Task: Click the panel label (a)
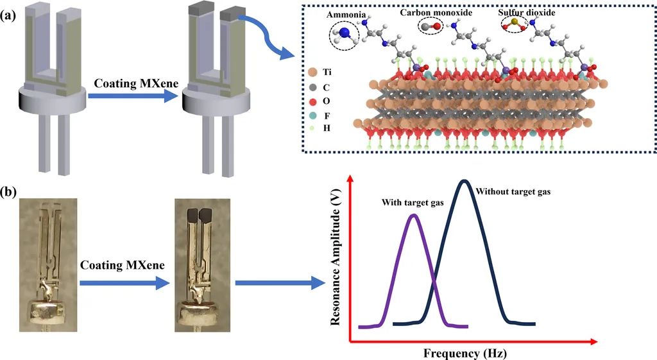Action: [x=8, y=16]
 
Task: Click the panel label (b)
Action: [x=8, y=193]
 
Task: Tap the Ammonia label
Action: [x=346, y=15]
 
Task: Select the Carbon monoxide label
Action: [x=436, y=13]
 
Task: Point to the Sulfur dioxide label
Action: [x=527, y=13]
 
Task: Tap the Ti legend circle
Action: [x=312, y=72]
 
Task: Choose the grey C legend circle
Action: [x=312, y=87]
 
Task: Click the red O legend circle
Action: [x=312, y=101]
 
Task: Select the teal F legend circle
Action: [x=312, y=116]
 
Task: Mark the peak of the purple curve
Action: [x=414, y=216]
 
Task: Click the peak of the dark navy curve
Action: [x=464, y=181]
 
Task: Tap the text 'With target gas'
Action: [x=413, y=203]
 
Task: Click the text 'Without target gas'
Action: [x=513, y=192]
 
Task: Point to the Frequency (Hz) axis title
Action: [x=465, y=354]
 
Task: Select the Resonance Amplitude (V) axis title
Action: [x=335, y=257]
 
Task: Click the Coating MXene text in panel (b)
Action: [x=123, y=265]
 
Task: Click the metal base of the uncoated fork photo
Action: [x=48, y=313]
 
